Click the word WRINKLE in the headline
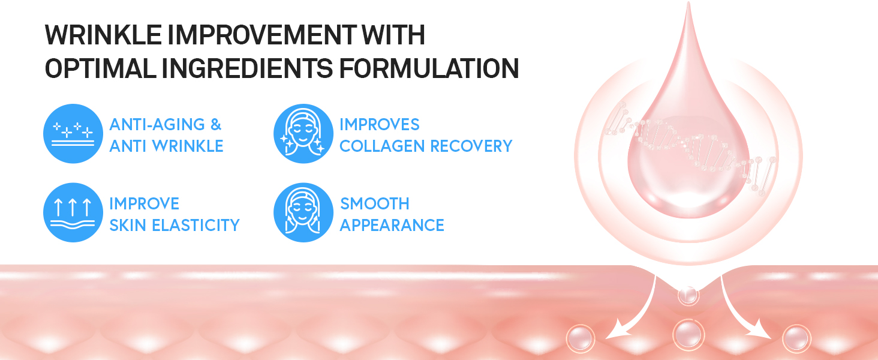104,35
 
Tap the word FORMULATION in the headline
429,68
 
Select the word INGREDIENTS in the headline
247,68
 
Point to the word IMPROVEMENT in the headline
262,35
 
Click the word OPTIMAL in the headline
101,68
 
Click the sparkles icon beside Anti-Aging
73,133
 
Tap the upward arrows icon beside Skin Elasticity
73,212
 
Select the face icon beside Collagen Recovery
303,133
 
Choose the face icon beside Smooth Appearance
303,212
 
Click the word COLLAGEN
382,146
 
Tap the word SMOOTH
375,204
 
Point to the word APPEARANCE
392,226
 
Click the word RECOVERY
471,146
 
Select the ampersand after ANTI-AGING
216,125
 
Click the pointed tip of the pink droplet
688,3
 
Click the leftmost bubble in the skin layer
581,338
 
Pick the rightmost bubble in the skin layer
796,338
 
